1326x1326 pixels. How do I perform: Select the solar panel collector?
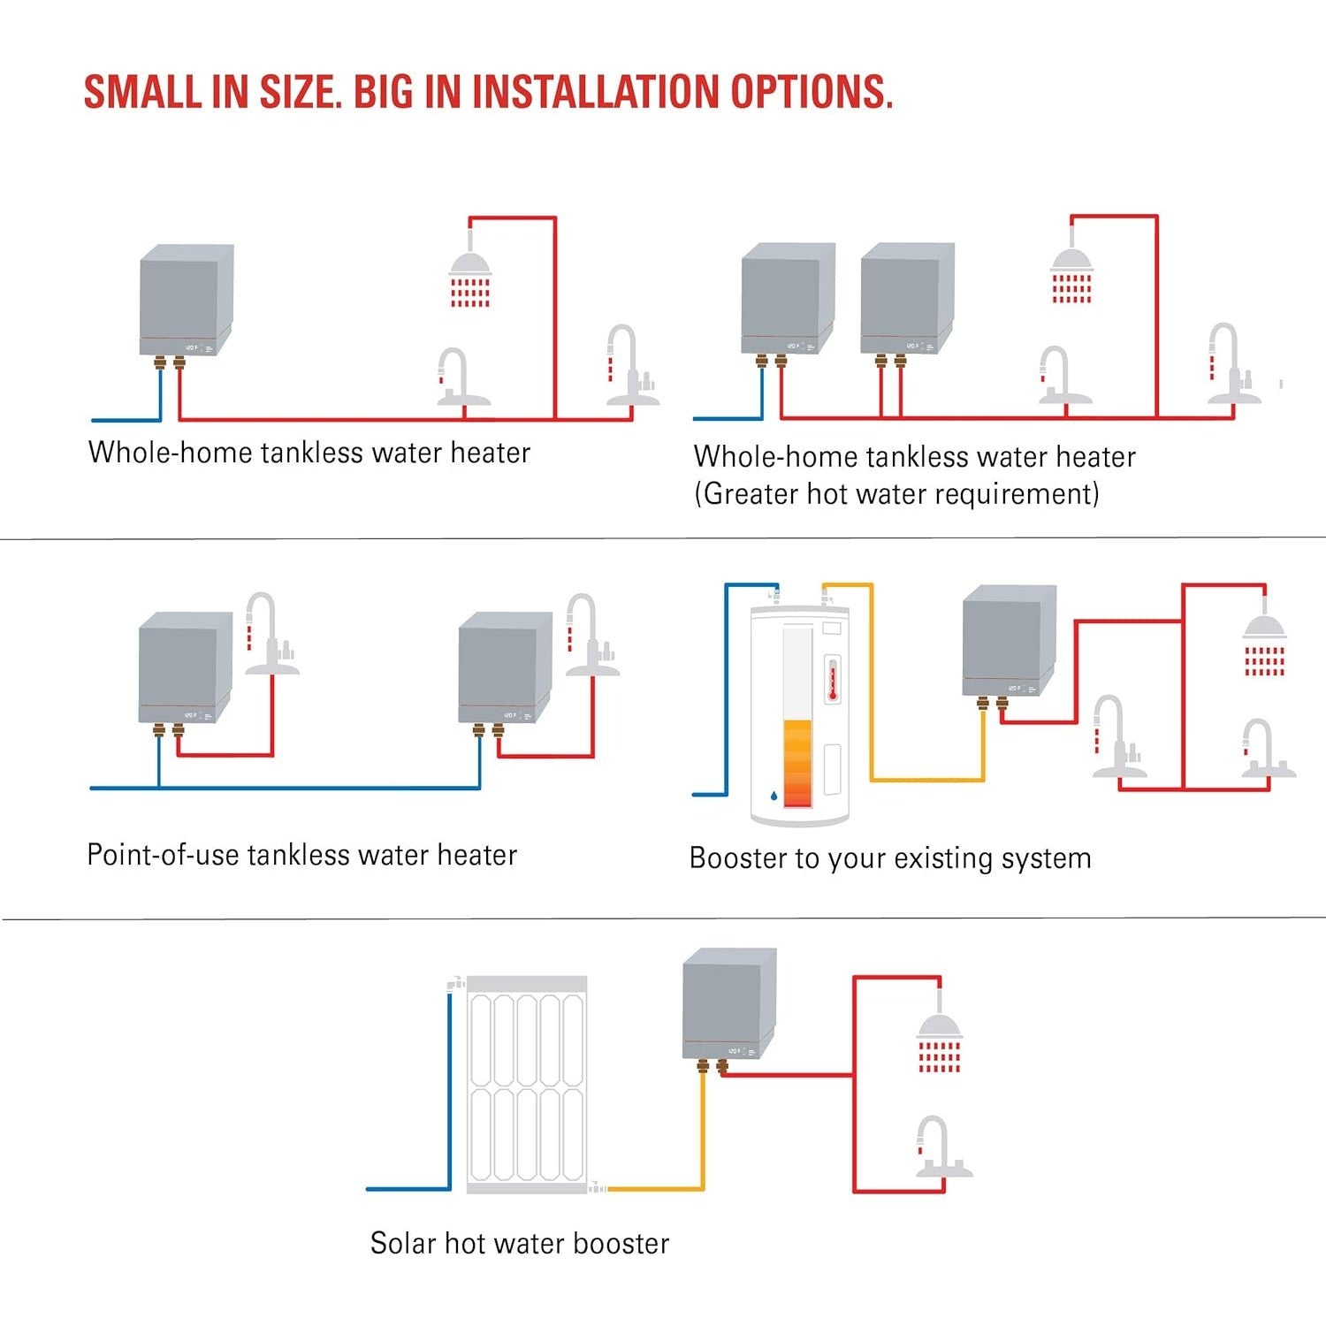coord(526,1086)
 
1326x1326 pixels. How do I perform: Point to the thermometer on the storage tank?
coord(832,680)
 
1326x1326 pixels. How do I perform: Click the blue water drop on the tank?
coord(774,796)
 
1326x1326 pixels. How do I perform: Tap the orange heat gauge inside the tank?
coord(797,763)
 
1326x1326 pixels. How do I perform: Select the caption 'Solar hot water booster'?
coord(520,1243)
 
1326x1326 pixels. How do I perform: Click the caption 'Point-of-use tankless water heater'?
coord(301,855)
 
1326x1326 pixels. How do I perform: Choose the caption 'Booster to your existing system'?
coord(890,858)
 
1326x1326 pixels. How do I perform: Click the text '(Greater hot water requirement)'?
coord(896,493)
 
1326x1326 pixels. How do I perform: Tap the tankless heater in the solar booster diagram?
coord(729,1004)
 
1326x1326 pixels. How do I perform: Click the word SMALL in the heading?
coord(142,92)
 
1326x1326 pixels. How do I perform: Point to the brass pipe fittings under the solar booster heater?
coord(713,1066)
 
